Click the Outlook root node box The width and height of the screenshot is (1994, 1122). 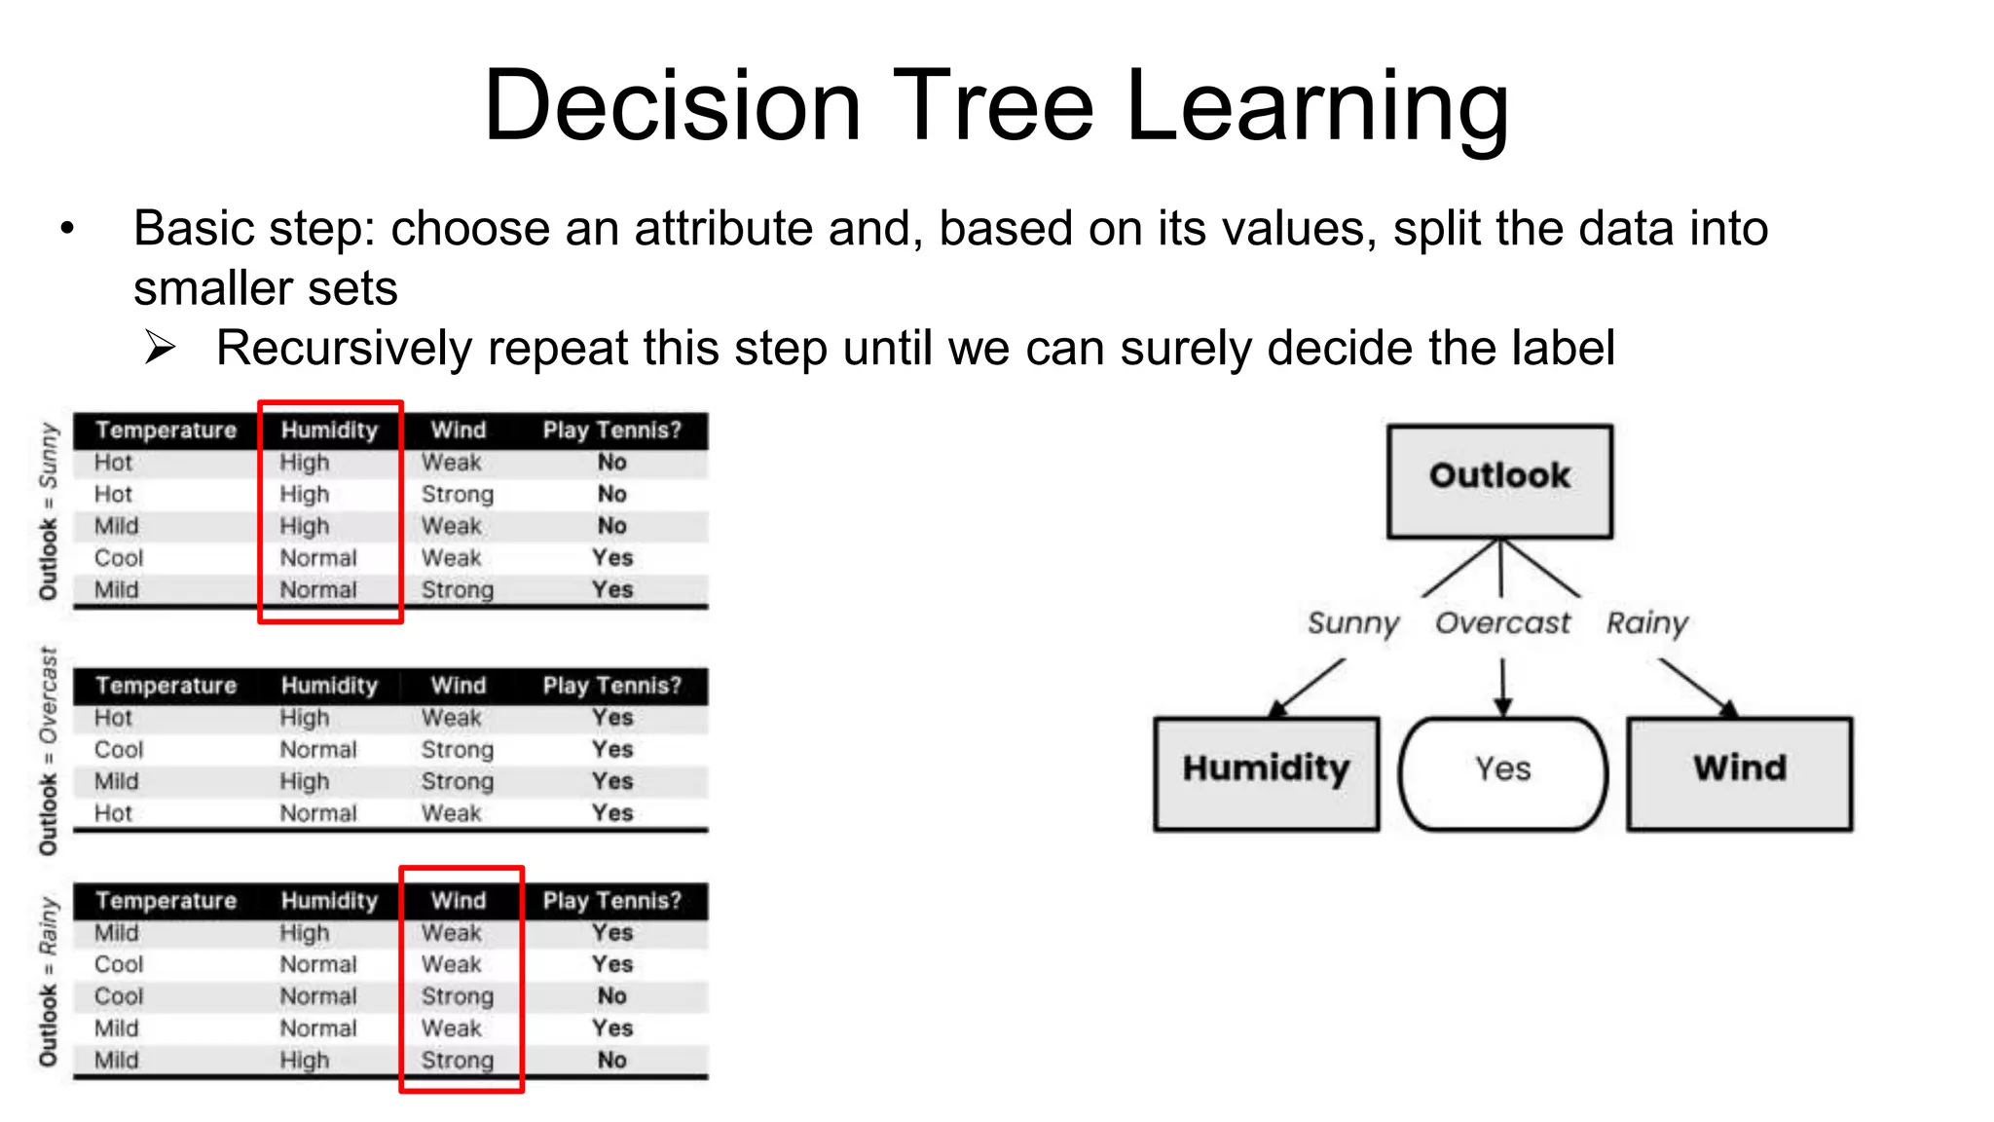coord(1499,480)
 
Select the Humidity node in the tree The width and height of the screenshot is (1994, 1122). coord(1266,773)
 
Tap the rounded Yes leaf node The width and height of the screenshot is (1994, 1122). coord(1502,773)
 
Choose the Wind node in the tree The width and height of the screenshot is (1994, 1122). coord(1739,773)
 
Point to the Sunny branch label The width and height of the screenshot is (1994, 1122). coord(1352,623)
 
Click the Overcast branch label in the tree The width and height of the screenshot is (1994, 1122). coord(1502,623)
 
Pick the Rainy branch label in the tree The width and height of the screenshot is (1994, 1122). coord(1646,623)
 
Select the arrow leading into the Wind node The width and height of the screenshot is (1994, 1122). coord(1698,688)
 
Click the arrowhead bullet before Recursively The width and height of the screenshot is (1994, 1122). coord(160,348)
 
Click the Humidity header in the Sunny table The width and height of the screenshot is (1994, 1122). coord(329,430)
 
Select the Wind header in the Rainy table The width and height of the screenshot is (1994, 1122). coord(459,901)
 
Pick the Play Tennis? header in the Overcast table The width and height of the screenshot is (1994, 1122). coord(611,686)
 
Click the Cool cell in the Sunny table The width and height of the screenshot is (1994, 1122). coord(119,558)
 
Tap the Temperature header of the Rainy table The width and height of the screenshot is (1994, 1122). coord(166,901)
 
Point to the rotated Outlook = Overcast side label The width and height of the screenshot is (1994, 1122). coord(48,750)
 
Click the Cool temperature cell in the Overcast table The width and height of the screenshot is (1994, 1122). coord(119,750)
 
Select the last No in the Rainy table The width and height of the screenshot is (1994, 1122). coord(611,1060)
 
